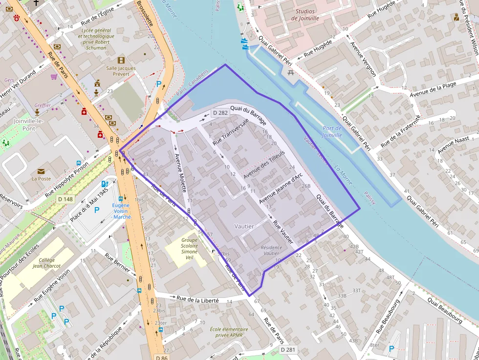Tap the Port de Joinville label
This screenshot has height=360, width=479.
tap(332, 132)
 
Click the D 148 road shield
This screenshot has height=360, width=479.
tap(65, 199)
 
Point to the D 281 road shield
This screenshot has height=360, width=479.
tap(288, 350)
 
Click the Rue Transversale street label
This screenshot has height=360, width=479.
tap(231, 132)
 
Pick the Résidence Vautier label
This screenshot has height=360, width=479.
tap(271, 251)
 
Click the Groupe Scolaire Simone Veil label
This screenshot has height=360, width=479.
tap(189, 248)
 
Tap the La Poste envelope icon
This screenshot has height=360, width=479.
tap(41, 171)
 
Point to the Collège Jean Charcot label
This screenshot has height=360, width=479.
tap(47, 263)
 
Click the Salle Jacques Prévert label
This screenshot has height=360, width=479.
tap(121, 71)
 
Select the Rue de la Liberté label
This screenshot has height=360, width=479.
tap(201, 299)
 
